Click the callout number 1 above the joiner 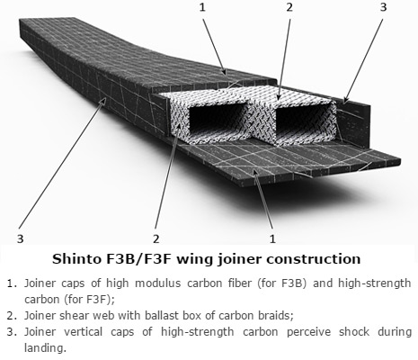coord(203,7)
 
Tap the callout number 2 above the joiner coord(289,7)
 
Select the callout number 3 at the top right coord(384,7)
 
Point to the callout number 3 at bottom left coord(20,238)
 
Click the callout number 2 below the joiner coord(156,238)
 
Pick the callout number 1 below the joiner coord(272,238)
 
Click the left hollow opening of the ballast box coord(218,119)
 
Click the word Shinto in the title coord(76,258)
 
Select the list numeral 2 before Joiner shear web coord(12,316)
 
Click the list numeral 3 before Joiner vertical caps coord(12,332)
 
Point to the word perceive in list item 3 coord(308,332)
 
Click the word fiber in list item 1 coord(238,283)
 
